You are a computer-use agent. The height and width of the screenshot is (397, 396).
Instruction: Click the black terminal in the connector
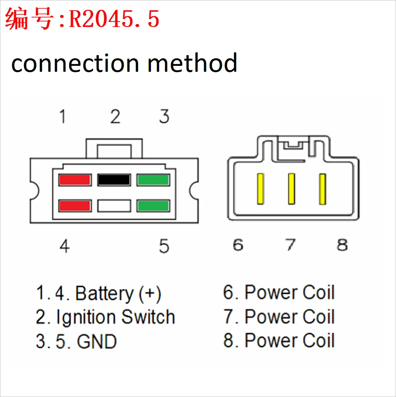tap(114, 180)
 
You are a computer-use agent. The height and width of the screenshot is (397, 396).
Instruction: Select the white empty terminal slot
tap(114, 206)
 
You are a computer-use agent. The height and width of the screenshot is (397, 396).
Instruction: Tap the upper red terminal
tap(75, 180)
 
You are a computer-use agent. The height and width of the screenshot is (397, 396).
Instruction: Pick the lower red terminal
tap(75, 206)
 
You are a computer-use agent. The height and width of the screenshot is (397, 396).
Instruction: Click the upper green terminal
tap(153, 180)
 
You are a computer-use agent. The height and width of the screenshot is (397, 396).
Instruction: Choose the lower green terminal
tap(153, 206)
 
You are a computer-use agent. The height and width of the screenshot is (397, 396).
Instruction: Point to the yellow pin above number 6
tap(260, 189)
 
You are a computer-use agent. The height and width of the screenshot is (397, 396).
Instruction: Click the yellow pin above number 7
tap(291, 189)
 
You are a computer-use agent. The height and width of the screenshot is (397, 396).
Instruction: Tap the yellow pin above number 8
tap(322, 189)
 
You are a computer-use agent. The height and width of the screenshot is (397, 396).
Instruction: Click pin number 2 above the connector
tap(115, 117)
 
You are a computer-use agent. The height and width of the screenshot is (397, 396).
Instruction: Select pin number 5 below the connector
tap(164, 246)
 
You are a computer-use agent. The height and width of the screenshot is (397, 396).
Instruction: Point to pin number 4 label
tap(65, 246)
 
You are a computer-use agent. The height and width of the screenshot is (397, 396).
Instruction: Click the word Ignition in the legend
tap(86, 317)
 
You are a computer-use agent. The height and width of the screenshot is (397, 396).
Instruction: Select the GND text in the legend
tap(97, 341)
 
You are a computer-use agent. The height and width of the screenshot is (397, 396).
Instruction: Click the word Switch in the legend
tap(148, 317)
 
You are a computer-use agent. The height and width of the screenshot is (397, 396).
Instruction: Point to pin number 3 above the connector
tap(164, 117)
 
